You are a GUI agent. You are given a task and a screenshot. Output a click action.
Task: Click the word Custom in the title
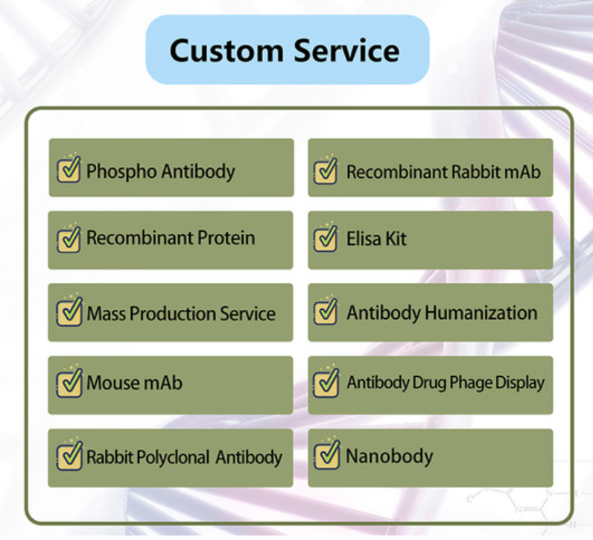click(226, 51)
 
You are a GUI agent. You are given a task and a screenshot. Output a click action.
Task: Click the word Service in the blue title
click(347, 51)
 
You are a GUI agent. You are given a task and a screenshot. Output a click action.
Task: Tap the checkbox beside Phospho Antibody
click(69, 169)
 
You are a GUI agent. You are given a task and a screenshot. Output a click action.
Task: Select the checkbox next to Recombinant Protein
click(69, 238)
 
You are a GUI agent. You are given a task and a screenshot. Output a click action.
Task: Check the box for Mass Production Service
click(69, 311)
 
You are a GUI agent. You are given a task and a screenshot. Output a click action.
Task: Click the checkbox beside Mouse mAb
click(69, 382)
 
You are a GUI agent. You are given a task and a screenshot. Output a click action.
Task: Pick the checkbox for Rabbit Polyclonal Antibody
click(69, 454)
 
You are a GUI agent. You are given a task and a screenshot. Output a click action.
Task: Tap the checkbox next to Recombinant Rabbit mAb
click(326, 170)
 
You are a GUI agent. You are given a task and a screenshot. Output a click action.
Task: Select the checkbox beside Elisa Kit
click(326, 238)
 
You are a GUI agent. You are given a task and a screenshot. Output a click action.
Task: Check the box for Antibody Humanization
click(326, 311)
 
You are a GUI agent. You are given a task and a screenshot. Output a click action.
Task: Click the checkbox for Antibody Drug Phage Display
click(326, 382)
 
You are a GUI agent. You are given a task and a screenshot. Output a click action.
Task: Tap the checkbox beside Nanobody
click(326, 454)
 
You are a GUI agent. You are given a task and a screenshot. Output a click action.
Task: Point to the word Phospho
click(121, 172)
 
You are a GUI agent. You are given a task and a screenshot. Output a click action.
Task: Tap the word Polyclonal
click(172, 457)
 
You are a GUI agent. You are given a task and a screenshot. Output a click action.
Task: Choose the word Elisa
click(364, 238)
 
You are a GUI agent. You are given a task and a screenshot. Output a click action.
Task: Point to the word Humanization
click(481, 313)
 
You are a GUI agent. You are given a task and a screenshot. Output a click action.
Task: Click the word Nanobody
click(390, 457)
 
